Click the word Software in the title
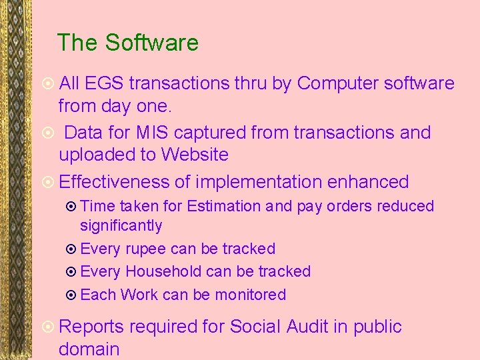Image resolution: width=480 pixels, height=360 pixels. (151, 43)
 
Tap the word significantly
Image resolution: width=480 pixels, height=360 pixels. (121, 226)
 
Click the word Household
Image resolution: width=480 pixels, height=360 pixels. (163, 272)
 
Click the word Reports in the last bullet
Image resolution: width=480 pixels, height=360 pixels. (91, 327)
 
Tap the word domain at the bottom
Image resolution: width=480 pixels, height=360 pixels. (89, 349)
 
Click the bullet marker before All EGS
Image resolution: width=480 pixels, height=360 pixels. (47, 84)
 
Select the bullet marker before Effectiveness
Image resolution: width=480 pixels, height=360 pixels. (47, 182)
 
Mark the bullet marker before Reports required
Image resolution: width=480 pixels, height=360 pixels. (47, 327)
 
